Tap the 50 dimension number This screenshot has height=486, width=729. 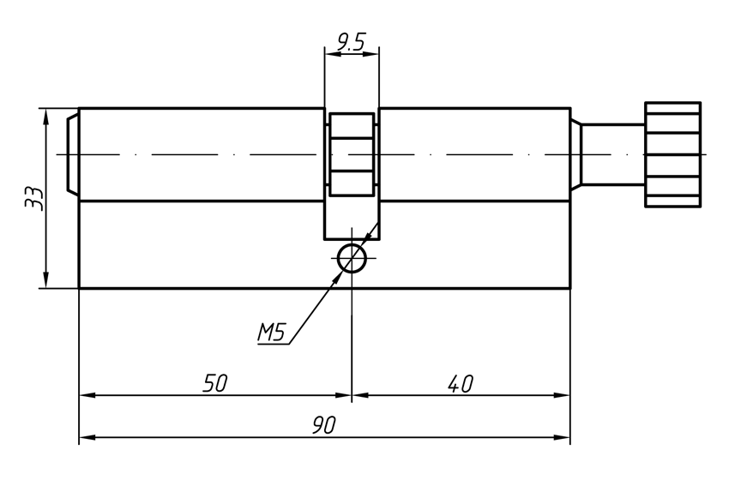214,383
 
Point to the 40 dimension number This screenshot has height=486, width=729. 461,383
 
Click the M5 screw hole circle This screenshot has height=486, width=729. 352,257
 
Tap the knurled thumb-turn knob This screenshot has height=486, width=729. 673,155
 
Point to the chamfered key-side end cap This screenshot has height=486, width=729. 73,155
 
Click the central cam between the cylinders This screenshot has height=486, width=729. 351,154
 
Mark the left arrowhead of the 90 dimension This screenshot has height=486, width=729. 85,438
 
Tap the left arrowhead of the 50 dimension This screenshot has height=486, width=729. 85,396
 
